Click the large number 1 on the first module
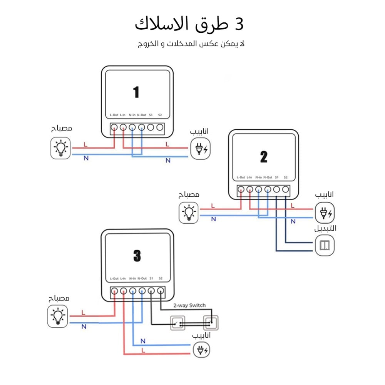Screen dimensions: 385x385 pyautogui.click(x=136, y=92)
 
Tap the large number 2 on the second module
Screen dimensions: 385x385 pyautogui.click(x=263, y=157)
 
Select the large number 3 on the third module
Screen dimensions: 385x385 pyautogui.click(x=137, y=256)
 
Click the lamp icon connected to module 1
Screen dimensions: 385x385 pyautogui.click(x=61, y=148)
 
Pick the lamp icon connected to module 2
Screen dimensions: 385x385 pyautogui.click(x=189, y=213)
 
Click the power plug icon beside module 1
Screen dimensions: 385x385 pyautogui.click(x=201, y=149)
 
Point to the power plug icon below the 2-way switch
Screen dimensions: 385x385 pyautogui.click(x=202, y=350)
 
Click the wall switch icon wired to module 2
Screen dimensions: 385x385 pyautogui.click(x=325, y=245)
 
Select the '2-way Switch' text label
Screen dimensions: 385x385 pyautogui.click(x=189, y=305)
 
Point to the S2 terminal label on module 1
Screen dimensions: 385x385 pyautogui.click(x=160, y=115)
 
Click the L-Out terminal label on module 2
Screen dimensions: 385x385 pyautogui.click(x=241, y=177)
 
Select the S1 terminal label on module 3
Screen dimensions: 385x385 pyautogui.click(x=151, y=278)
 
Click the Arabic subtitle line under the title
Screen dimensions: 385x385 pyautogui.click(x=191, y=44)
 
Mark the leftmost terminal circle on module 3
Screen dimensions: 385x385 pyautogui.click(x=114, y=291)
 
